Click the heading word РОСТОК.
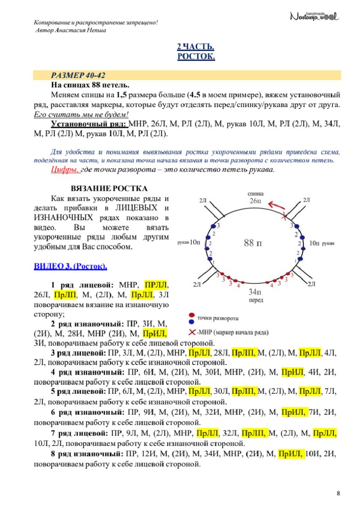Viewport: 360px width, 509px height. (x=196, y=56)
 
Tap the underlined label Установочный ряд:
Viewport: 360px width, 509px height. (x=89, y=124)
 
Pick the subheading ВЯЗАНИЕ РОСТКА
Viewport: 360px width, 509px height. (x=109, y=188)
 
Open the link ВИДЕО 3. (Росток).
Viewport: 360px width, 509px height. (x=71, y=266)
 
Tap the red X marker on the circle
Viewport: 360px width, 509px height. (x=284, y=216)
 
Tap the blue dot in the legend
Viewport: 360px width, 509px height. (x=192, y=322)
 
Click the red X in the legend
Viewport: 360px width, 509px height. (x=193, y=332)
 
